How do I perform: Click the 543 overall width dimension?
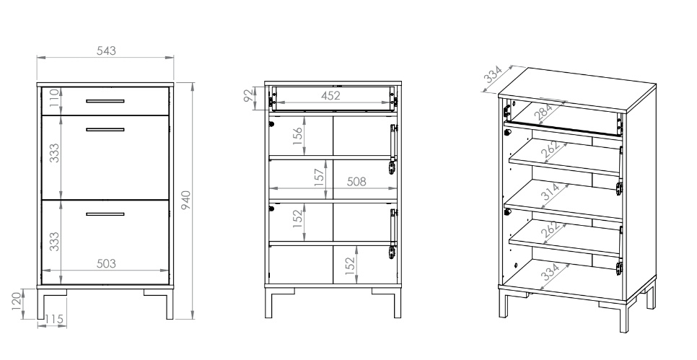click(x=106, y=51)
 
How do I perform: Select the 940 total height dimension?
click(x=186, y=201)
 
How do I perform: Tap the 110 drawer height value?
click(x=54, y=98)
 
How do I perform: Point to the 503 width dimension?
click(x=106, y=263)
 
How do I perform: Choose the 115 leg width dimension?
click(x=54, y=319)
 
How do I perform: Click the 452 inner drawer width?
click(x=330, y=95)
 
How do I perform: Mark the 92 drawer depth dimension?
click(x=250, y=95)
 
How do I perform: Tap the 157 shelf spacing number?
click(x=319, y=177)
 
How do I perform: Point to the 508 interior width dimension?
click(x=356, y=181)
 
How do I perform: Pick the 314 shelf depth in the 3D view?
click(x=551, y=192)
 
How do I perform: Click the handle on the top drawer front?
click(x=105, y=101)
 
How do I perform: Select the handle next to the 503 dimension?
click(x=105, y=214)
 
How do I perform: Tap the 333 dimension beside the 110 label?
click(x=54, y=153)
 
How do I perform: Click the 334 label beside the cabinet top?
click(x=493, y=74)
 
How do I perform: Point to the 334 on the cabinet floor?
click(x=551, y=272)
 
